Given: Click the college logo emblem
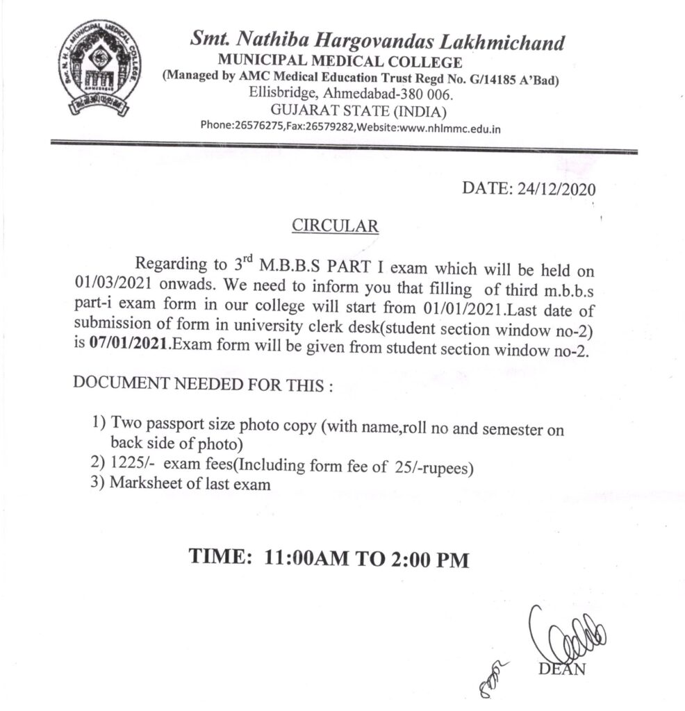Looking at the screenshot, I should pyautogui.click(x=99, y=69).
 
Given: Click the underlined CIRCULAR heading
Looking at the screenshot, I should pyautogui.click(x=335, y=226).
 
